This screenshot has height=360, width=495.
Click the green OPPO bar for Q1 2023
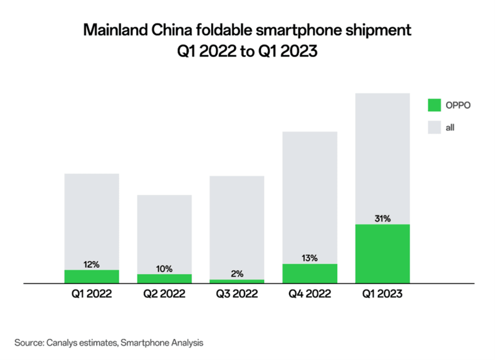coord(382,254)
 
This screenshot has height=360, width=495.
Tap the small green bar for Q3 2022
coord(237,281)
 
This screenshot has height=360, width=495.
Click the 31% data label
coord(382,218)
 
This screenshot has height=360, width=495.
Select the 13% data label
coord(310,257)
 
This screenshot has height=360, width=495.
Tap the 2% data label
coord(238,273)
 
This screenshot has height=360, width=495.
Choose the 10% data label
coord(165,268)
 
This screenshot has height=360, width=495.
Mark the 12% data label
coord(92,264)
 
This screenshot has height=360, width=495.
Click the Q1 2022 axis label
coord(92,295)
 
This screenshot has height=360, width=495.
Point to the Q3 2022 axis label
coord(237,295)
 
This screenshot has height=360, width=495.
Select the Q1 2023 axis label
coord(382,295)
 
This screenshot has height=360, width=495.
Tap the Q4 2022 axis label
coord(310,295)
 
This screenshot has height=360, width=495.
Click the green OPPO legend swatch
coord(434,105)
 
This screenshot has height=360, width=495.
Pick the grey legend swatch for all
coord(434,128)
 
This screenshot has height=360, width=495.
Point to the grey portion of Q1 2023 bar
coord(382,155)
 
